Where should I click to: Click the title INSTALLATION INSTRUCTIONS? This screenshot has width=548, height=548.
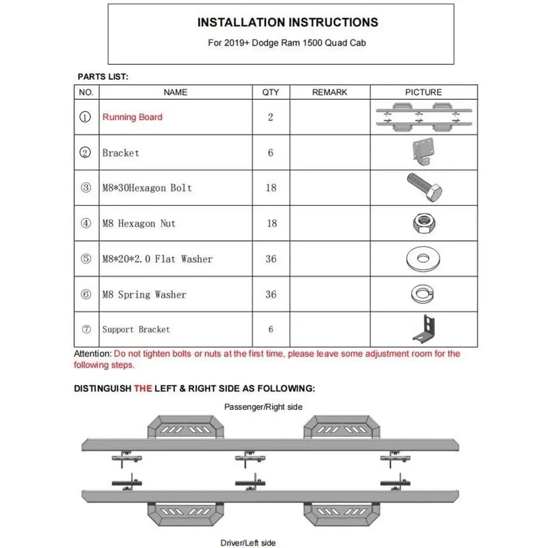(x=287, y=22)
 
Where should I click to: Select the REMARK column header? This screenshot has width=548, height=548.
(x=330, y=93)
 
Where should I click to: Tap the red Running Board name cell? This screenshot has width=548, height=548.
(x=132, y=117)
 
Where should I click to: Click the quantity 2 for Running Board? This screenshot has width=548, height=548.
(x=270, y=117)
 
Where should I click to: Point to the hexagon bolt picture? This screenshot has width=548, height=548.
(x=424, y=187)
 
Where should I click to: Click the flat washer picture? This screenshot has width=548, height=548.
(x=423, y=259)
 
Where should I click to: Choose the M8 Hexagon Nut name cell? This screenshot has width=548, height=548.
(x=139, y=224)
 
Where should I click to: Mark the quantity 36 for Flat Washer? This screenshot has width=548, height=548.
(x=271, y=259)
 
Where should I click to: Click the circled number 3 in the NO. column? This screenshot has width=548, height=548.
(x=86, y=188)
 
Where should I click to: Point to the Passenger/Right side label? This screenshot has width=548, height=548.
(x=263, y=407)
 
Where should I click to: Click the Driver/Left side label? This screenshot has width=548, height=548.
(x=248, y=543)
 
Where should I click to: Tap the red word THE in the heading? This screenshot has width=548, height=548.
(x=143, y=389)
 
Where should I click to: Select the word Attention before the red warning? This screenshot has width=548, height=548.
(x=93, y=354)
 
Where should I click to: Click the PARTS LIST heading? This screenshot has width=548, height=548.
(x=103, y=77)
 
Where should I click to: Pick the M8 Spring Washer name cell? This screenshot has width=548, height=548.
(x=144, y=294)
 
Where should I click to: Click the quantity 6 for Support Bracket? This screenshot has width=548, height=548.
(x=270, y=329)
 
